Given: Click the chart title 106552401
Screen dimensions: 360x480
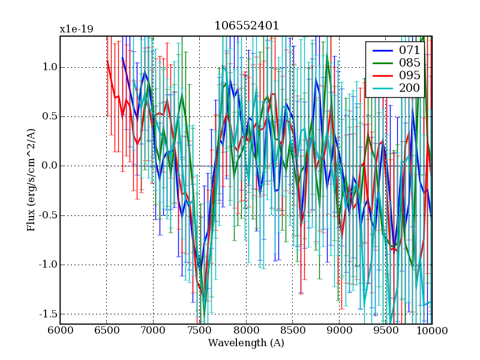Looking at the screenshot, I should (x=247, y=26).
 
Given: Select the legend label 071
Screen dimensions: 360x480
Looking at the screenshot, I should (x=409, y=50).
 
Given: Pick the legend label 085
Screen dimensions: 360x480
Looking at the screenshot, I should (x=409, y=63).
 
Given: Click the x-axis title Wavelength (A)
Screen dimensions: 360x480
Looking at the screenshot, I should (x=246, y=343).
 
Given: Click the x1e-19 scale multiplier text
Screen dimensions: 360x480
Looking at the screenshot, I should (x=76, y=29).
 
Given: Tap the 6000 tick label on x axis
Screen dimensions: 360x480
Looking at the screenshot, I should (x=60, y=330).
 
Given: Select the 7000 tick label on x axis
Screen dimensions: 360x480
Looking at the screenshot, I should (x=153, y=330).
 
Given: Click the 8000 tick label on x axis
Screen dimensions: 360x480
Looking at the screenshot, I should (x=246, y=330).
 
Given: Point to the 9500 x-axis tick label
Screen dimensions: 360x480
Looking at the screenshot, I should (x=385, y=330).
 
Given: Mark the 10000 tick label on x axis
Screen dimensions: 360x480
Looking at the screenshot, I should (x=432, y=330).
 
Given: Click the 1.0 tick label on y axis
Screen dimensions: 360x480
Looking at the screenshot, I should (x=46, y=67).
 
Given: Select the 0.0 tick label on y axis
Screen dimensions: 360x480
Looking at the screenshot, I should (x=46, y=166).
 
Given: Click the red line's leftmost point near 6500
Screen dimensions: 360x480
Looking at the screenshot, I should (x=107, y=61).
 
